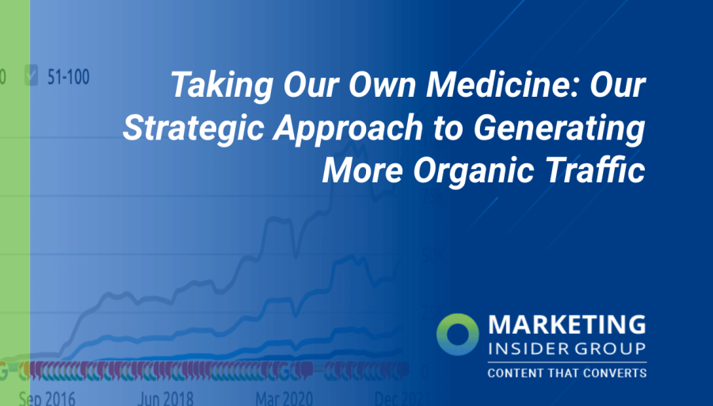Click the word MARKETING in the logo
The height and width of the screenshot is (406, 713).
(x=566, y=325)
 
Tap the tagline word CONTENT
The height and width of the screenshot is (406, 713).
(x=514, y=373)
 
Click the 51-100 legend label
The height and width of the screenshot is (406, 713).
(x=67, y=77)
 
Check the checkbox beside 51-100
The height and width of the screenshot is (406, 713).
(x=32, y=77)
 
